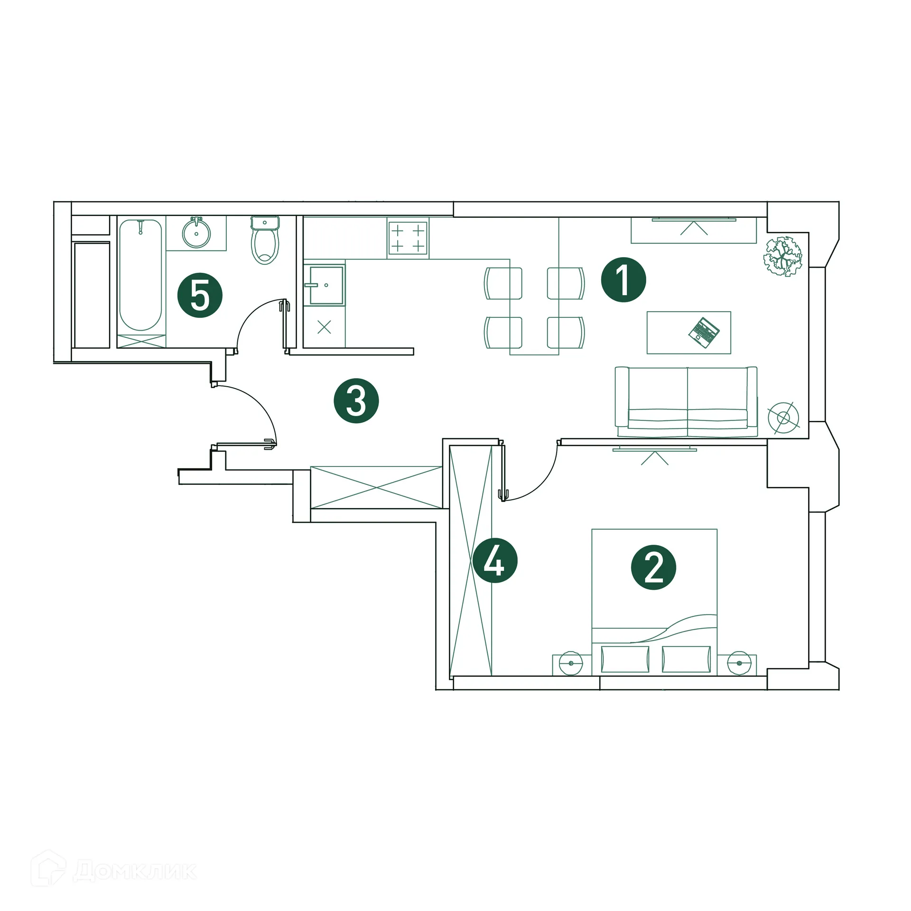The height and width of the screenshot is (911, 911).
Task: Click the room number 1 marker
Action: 623,280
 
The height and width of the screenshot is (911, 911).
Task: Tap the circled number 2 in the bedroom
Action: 653,567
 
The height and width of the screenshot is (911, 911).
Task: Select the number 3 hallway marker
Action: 356,400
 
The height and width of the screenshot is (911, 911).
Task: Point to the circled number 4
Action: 494,560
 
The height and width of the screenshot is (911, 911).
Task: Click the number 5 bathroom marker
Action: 200,295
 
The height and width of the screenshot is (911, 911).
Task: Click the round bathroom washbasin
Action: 196,233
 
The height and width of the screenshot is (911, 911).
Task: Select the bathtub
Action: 140,275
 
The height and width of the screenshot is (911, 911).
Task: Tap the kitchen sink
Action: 326,285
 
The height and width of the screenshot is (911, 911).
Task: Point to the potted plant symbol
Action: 782,257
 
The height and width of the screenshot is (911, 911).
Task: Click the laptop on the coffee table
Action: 704,333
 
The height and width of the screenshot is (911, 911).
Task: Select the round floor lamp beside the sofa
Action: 783,418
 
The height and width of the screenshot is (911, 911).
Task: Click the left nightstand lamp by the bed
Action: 571,663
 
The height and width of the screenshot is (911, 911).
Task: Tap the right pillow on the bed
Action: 686,660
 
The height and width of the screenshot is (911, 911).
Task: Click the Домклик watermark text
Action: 135,871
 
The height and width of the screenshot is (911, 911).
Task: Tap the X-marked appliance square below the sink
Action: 324,327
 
